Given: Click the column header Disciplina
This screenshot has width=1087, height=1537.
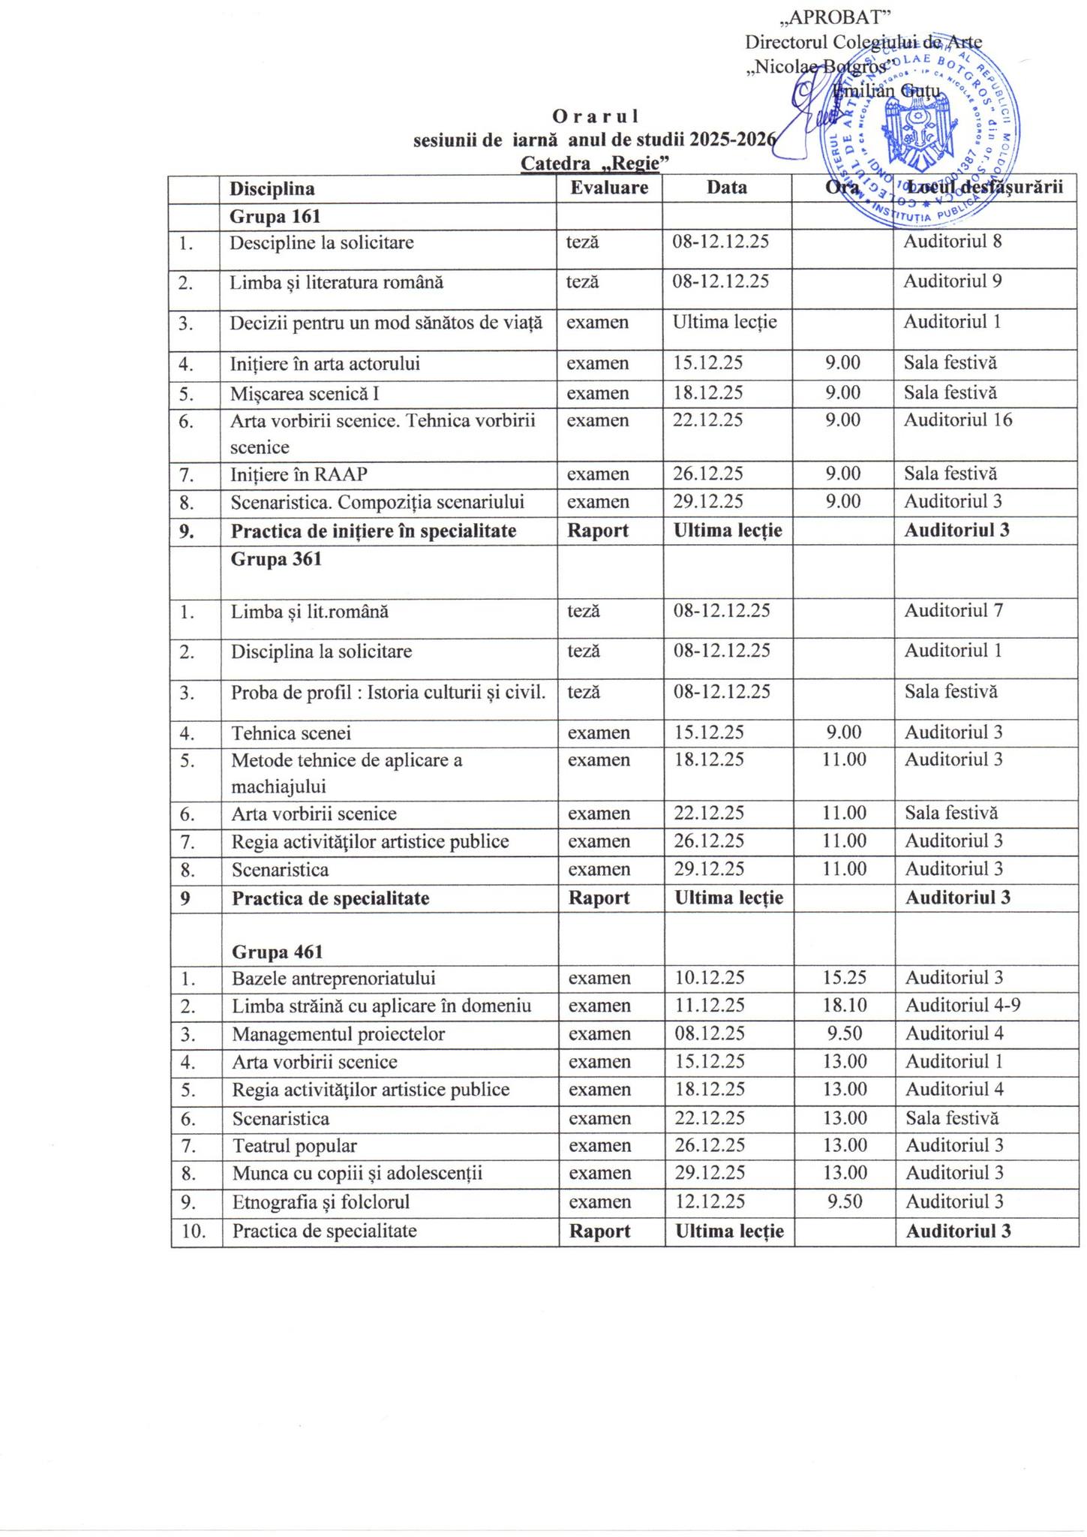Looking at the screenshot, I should (272, 188).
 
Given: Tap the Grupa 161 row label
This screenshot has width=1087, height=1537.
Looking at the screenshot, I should (275, 216).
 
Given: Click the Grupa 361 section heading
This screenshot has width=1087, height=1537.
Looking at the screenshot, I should (276, 559).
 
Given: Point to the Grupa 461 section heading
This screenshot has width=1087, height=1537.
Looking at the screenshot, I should (277, 952).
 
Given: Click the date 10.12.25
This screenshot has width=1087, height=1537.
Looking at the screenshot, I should (709, 977).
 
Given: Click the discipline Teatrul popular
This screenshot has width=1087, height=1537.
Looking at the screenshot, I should (294, 1146).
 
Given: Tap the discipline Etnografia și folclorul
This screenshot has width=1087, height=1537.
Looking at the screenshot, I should (320, 1202).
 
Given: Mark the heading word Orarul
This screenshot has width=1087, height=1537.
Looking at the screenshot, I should (595, 116).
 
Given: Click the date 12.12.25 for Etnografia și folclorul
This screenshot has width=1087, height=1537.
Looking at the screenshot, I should (709, 1202).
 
